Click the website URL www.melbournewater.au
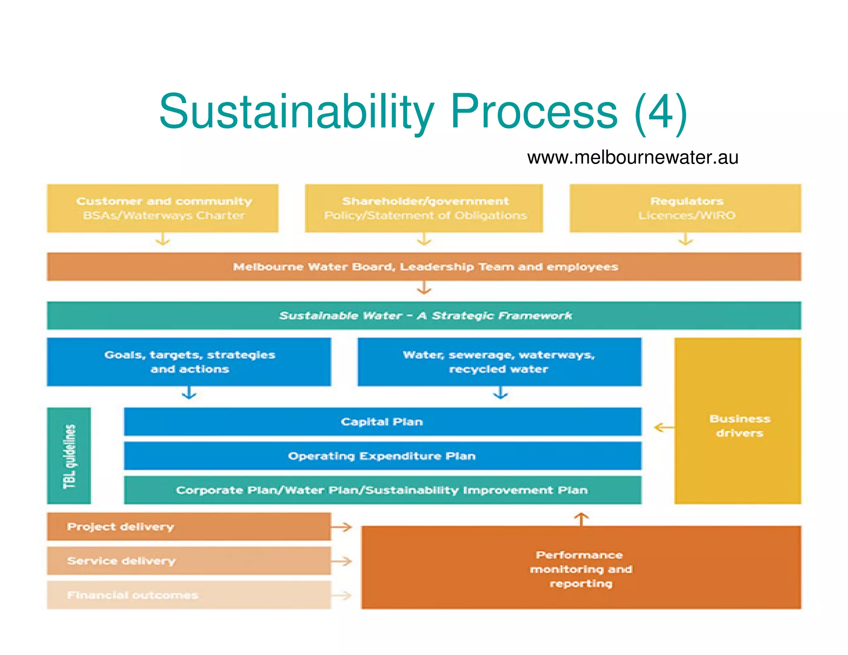pyautogui.click(x=632, y=158)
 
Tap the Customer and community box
pyautogui.click(x=163, y=208)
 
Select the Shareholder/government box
pyautogui.click(x=424, y=208)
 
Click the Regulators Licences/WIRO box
pyautogui.click(x=685, y=208)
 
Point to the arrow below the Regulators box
pyautogui.click(x=686, y=240)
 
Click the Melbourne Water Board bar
pyautogui.click(x=424, y=267)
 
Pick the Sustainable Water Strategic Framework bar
pyautogui.click(x=424, y=315)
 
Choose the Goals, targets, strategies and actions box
pyautogui.click(x=189, y=362)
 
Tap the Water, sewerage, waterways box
pyautogui.click(x=499, y=362)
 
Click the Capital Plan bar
pyautogui.click(x=383, y=421)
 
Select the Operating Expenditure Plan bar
pyautogui.click(x=383, y=456)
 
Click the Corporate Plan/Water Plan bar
pyautogui.click(x=383, y=490)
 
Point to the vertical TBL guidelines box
pyautogui.click(x=69, y=456)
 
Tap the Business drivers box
pyautogui.click(x=738, y=421)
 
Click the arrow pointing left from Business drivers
pyautogui.click(x=664, y=427)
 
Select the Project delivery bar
pyautogui.click(x=189, y=527)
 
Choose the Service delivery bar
pyautogui.click(x=189, y=561)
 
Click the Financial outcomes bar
pyautogui.click(x=189, y=595)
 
